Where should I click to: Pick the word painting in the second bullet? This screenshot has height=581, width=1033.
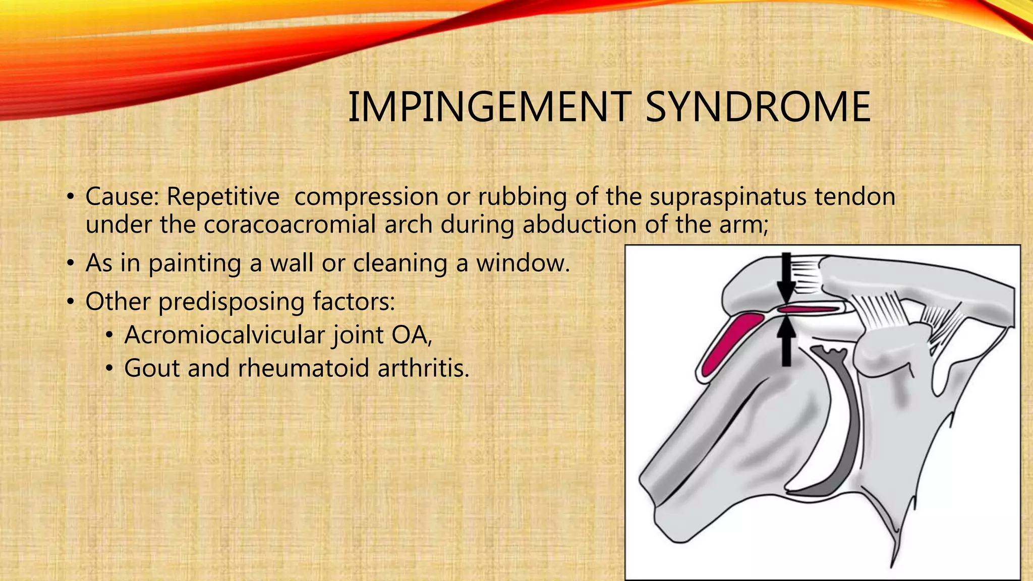coord(195,263)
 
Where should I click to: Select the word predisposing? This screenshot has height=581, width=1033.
coord(232,302)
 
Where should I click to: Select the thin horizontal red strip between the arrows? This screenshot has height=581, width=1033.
coord(807,309)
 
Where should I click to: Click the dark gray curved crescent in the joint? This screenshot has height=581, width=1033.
coord(847,429)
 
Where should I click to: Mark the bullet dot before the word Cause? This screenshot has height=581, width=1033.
coord(71,197)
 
